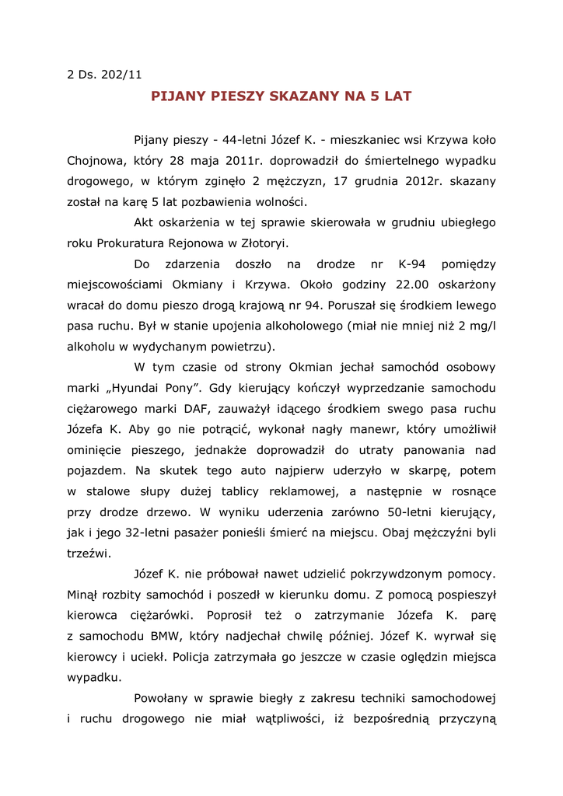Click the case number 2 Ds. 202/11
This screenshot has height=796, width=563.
105,75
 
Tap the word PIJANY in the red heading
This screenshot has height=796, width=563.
178,96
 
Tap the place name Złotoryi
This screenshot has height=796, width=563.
261,243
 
